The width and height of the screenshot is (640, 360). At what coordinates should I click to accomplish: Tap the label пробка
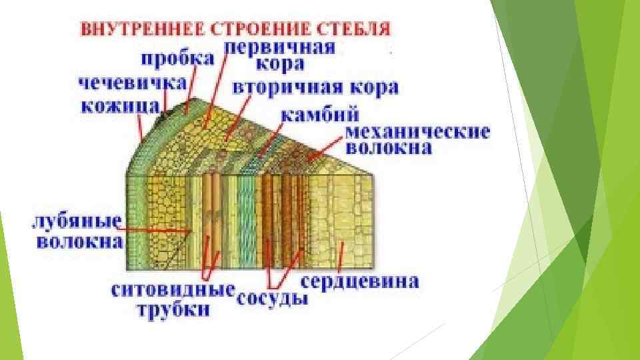[178, 59]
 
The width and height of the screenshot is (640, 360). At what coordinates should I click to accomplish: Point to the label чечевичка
[133, 84]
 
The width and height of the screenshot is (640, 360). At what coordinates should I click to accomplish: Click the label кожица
[121, 106]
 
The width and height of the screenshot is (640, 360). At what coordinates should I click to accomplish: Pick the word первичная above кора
[279, 47]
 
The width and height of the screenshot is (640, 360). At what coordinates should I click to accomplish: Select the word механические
[418, 131]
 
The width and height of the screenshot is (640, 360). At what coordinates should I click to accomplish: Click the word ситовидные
[173, 291]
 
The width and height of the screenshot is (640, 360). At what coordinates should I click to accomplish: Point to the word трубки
[174, 310]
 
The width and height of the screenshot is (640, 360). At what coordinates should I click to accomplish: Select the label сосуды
[272, 298]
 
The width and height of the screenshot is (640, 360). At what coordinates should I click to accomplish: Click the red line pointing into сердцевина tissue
[342, 257]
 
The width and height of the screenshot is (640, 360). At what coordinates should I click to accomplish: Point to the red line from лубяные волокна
[157, 230]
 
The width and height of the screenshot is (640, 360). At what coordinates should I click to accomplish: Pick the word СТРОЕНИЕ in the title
[246, 30]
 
